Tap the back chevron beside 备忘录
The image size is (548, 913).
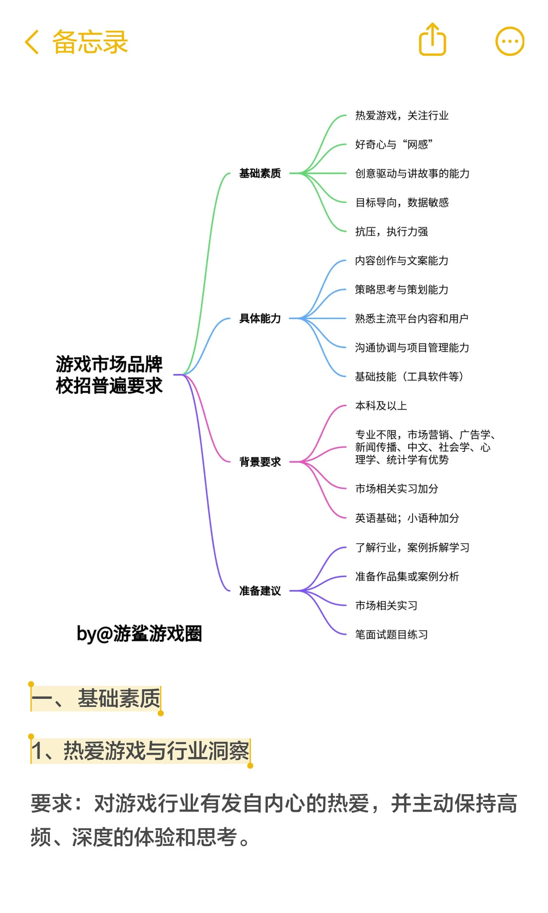pyautogui.click(x=32, y=42)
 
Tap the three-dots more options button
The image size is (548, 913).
pyautogui.click(x=509, y=41)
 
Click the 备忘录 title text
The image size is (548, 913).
pyautogui.click(x=90, y=42)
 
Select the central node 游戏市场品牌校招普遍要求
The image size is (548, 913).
pyautogui.click(x=109, y=375)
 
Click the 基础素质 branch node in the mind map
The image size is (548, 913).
pyautogui.click(x=260, y=173)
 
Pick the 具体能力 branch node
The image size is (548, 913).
pyautogui.click(x=260, y=319)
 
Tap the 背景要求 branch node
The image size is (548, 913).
pyautogui.click(x=260, y=462)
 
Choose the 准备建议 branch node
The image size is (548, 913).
pyautogui.click(x=260, y=591)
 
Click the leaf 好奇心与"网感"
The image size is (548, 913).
pyautogui.click(x=394, y=145)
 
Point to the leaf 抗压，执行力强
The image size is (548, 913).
pyautogui.click(x=391, y=232)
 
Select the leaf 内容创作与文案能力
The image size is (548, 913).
pyautogui.click(x=401, y=261)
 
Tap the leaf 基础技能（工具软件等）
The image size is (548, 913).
pyautogui.click(x=409, y=376)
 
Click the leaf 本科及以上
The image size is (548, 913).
pyautogui.click(x=381, y=406)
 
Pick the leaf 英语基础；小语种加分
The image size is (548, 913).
pyautogui.click(x=407, y=518)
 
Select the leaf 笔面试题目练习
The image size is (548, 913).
pyautogui.click(x=391, y=635)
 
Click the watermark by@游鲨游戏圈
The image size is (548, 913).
pyautogui.click(x=139, y=634)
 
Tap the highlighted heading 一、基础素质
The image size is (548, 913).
pyautogui.click(x=96, y=698)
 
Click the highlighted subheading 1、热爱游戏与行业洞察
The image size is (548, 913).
pyautogui.click(x=141, y=751)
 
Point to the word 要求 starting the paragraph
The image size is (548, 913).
pyautogui.click(x=51, y=804)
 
